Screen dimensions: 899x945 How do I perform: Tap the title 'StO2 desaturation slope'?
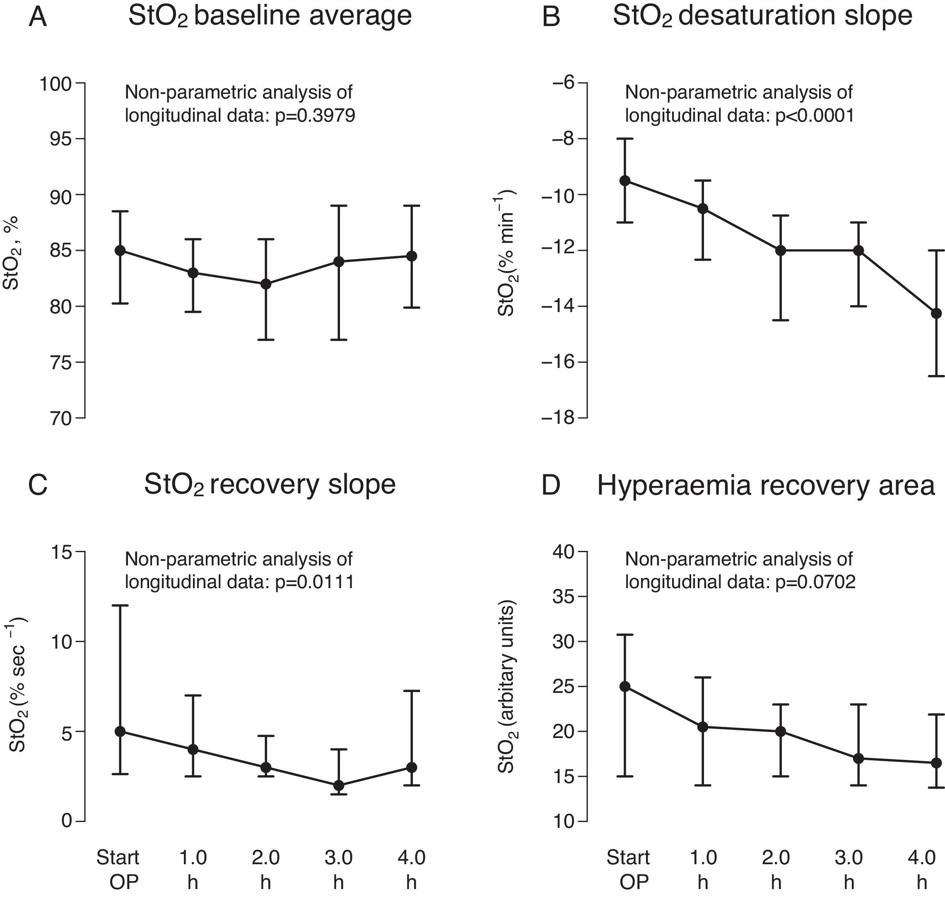click(762, 16)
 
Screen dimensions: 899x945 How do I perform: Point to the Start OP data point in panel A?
click(121, 251)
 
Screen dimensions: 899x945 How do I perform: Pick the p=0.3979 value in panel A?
click(315, 115)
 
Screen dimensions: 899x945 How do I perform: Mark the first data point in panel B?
click(625, 180)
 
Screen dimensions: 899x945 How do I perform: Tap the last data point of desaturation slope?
click(936, 313)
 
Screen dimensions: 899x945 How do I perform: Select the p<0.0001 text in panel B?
click(815, 115)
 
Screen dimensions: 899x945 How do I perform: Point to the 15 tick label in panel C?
click(61, 553)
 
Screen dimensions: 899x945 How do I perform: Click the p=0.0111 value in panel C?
click(315, 582)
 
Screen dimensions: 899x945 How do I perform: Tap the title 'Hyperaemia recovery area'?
click(766, 486)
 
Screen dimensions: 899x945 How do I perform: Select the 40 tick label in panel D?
click(563, 553)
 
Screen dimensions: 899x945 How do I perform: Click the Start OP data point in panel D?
click(625, 687)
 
